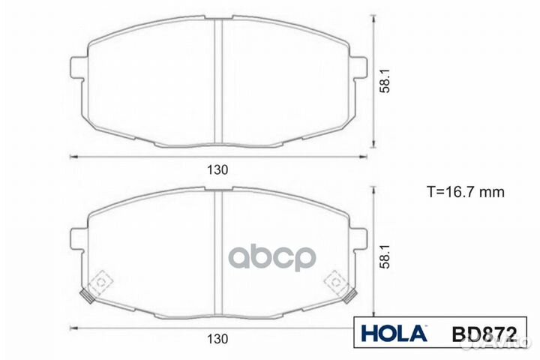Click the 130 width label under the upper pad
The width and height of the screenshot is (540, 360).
[218, 169]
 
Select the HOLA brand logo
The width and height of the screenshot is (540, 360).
[394, 332]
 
